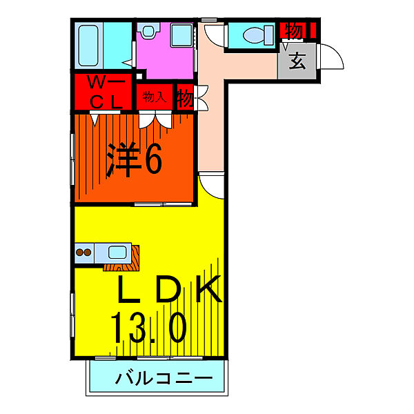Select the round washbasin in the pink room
click(148, 30)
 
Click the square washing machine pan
click(182, 35)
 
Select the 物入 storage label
click(155, 97)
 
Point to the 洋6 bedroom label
click(135, 160)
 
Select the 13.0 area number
click(149, 328)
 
